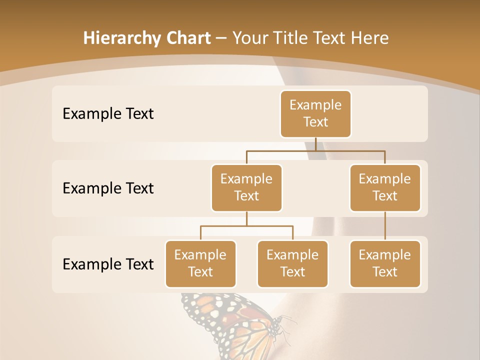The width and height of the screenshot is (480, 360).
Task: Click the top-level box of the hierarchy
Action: pos(315,114)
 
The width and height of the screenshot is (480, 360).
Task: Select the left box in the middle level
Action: pos(246,188)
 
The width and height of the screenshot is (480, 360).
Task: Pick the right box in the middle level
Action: pos(385,188)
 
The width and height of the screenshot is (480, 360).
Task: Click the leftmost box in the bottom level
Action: pos(200,264)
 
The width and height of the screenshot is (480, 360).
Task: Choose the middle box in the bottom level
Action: pos(292,264)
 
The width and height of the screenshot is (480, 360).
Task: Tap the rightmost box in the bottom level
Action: pos(385,264)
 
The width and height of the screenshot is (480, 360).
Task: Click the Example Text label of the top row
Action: pos(108,114)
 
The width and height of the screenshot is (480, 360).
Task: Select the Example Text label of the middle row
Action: pos(108,188)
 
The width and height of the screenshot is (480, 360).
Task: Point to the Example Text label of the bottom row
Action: pos(108,264)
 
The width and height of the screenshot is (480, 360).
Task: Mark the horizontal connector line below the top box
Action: pos(315,150)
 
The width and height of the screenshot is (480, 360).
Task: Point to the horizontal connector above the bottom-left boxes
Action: pos(246,226)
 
